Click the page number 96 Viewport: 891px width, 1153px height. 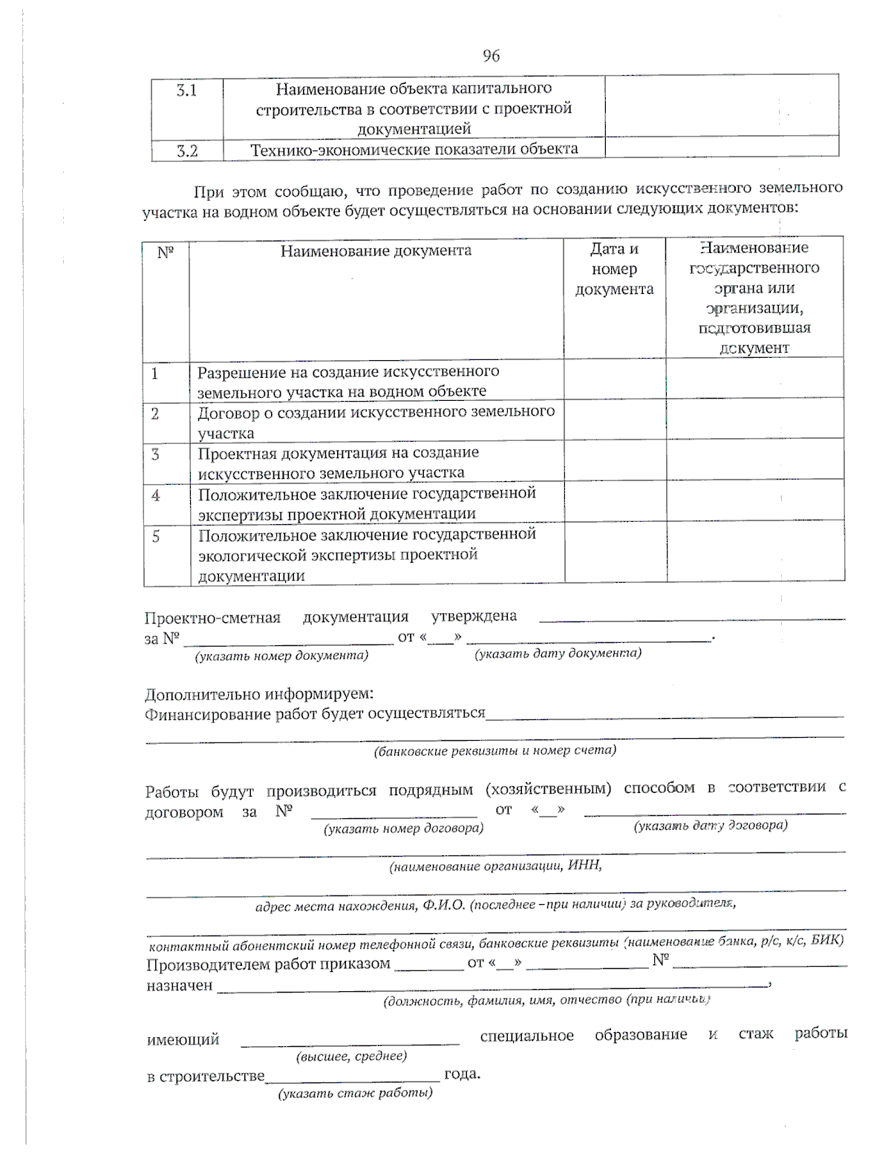[491, 56]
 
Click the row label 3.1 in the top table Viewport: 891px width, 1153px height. [186, 91]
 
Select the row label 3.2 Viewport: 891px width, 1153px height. [186, 151]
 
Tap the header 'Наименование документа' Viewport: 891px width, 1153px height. [376, 251]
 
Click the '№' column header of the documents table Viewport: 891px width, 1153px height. [166, 252]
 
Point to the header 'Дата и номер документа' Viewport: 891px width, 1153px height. [614, 269]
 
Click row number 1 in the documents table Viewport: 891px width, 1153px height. [155, 373]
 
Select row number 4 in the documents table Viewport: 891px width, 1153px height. [156, 495]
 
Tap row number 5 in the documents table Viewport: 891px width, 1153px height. [156, 536]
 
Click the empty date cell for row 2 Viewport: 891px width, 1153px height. [615, 420]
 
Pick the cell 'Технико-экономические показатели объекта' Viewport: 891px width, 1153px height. [414, 149]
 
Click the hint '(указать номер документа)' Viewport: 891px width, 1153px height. [281, 656]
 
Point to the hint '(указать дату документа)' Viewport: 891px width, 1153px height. [558, 653]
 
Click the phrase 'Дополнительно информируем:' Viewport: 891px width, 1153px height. [258, 695]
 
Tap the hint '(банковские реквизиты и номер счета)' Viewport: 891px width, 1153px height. [495, 751]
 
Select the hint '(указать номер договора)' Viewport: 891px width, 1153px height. [403, 829]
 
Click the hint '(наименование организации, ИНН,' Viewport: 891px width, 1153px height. [495, 866]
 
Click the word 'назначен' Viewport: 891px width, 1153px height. [180, 986]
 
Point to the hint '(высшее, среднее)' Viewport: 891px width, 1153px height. [351, 1056]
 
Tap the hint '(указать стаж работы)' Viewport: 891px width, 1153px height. [355, 1094]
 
